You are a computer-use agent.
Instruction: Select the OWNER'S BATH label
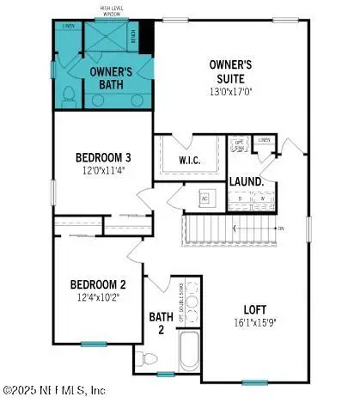click(112, 78)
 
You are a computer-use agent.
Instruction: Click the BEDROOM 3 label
click(103, 157)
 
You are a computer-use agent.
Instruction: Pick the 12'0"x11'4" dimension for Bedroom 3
click(103, 170)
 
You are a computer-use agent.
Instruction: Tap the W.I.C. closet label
click(189, 160)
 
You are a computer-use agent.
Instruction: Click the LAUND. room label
click(247, 182)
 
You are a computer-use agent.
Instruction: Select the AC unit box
click(204, 197)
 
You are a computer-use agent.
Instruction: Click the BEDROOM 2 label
click(99, 284)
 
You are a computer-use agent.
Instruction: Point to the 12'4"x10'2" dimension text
click(99, 297)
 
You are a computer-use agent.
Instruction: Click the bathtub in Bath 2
click(189, 352)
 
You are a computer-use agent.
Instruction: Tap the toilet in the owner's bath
click(70, 100)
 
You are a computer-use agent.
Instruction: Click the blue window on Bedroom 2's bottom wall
click(93, 344)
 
